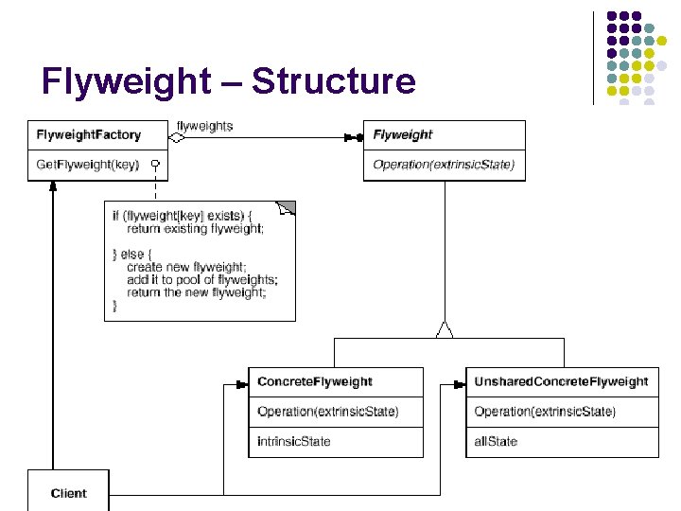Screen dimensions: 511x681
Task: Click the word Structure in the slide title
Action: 334,82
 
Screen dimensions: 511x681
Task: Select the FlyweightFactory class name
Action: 89,135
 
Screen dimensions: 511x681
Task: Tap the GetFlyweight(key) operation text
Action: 87,165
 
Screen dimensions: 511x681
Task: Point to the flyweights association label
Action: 205,126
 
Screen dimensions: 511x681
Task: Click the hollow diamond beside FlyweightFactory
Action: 177,137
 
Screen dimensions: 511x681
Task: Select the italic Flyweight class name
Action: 403,135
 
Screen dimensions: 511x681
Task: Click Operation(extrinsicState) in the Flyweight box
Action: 444,165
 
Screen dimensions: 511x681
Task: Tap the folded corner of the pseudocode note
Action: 286,208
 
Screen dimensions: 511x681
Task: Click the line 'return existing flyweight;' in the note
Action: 196,229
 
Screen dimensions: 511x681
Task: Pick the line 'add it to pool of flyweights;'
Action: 202,280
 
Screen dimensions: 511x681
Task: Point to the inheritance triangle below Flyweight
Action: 444,329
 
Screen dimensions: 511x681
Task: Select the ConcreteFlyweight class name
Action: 315,382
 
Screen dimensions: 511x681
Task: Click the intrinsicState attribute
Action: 294,442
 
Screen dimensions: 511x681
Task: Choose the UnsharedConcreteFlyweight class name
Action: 561,382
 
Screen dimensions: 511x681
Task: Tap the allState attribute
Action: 497,442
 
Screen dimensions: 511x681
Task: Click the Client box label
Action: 69,493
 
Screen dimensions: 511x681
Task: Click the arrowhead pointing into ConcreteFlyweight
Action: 240,385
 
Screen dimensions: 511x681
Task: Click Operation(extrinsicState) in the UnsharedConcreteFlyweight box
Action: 545,412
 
